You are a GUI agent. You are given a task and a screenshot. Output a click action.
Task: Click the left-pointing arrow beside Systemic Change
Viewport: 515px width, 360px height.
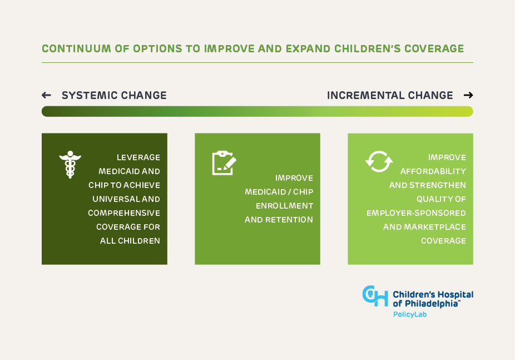[x=46, y=95]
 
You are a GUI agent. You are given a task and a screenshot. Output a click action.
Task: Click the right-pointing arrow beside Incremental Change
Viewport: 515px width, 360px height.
[x=468, y=95]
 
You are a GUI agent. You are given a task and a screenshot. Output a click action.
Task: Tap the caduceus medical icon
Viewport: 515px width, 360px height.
[x=70, y=165]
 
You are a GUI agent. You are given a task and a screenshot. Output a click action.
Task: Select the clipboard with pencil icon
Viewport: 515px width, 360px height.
[x=224, y=163]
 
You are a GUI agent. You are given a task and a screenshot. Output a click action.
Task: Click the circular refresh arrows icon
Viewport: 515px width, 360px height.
[x=379, y=161]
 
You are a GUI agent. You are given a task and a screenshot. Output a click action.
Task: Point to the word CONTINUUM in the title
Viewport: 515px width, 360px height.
[x=76, y=48]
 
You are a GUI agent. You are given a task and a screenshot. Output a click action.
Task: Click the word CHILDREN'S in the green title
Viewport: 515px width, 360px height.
[x=368, y=48]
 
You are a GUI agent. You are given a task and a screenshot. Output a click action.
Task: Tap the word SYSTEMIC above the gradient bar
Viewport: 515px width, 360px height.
[x=90, y=95]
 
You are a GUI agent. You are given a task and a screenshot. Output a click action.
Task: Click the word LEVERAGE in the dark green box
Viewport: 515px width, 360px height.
[x=138, y=157]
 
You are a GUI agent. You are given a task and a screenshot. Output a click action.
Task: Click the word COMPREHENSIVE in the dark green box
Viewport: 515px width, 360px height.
[x=124, y=213]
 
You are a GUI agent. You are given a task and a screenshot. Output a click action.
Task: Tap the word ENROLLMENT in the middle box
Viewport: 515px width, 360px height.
[x=284, y=206]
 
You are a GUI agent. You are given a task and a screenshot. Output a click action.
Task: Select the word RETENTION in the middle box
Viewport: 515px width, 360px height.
[x=289, y=220]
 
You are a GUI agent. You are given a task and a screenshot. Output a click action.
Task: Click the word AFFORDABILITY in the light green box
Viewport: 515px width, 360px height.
[x=433, y=171]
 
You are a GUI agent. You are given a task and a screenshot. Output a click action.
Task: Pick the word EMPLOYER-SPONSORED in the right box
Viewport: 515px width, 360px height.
[x=416, y=213]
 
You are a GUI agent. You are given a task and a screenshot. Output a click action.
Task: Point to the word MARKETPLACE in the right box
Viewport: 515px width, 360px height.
[x=435, y=227]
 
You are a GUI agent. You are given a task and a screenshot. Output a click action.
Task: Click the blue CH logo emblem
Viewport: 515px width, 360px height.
[x=375, y=296]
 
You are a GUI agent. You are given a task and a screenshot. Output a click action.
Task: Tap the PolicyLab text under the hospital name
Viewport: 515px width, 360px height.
[x=410, y=314]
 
